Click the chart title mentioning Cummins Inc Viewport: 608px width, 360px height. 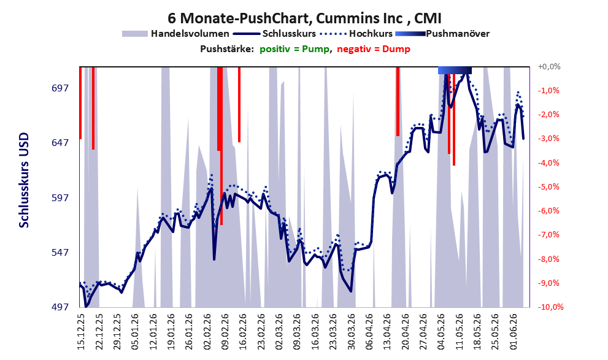tap(304, 18)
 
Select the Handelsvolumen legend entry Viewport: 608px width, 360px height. tap(175, 34)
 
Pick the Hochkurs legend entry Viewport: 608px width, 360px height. tap(356, 34)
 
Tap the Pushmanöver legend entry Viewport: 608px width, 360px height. tap(442, 34)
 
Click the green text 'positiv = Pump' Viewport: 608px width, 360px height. tap(294, 49)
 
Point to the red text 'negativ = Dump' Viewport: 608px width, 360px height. tap(374, 49)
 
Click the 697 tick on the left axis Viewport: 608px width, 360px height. tap(60, 88)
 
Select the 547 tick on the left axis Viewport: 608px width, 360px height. tap(60, 252)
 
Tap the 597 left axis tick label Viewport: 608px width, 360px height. tap(60, 197)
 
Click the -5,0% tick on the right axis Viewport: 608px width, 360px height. tap(548, 187)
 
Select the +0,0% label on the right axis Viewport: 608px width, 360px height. tap(549, 67)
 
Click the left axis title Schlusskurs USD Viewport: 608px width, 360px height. tap(24, 180)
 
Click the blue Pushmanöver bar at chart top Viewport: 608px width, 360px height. tap(455, 70)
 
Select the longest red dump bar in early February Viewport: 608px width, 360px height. tap(221, 146)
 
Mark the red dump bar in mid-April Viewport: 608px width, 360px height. tap(398, 102)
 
